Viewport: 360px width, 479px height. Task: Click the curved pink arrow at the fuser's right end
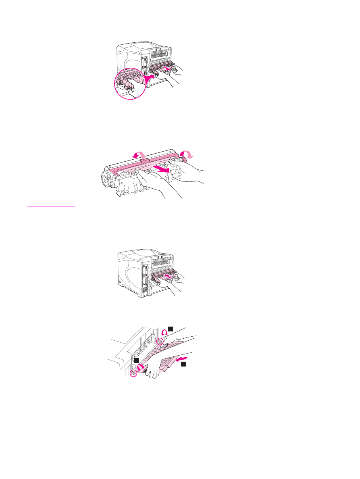tap(187, 154)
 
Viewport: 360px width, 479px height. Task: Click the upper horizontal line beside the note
tap(51, 206)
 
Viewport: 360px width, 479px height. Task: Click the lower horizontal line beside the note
tap(51, 221)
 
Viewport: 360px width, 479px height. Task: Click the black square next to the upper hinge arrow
tap(171, 329)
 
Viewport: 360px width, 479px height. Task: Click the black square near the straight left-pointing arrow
tap(183, 364)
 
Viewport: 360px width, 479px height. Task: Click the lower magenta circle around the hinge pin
tap(135, 373)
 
